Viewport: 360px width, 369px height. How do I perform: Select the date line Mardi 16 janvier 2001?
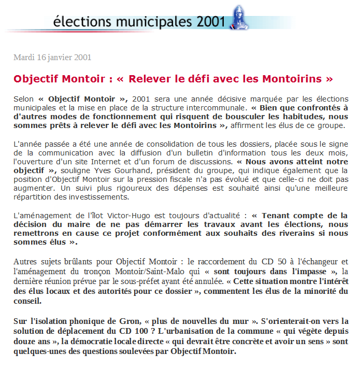click(x=52, y=57)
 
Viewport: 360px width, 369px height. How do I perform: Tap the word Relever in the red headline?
click(x=150, y=79)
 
